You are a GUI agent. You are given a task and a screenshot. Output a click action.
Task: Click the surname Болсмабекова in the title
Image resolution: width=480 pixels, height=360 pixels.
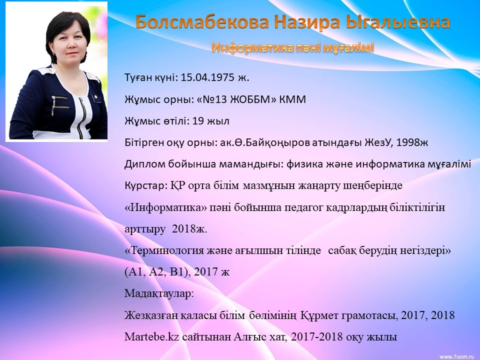[202, 22]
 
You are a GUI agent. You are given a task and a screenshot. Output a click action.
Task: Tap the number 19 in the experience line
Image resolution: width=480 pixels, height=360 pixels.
[198, 121]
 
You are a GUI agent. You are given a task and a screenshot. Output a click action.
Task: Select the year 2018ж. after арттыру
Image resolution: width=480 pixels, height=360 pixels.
[189, 229]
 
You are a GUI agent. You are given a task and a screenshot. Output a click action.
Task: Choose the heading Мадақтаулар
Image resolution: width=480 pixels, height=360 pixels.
[159, 293]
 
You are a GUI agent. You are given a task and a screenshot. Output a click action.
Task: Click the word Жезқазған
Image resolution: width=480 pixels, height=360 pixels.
[151, 315]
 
